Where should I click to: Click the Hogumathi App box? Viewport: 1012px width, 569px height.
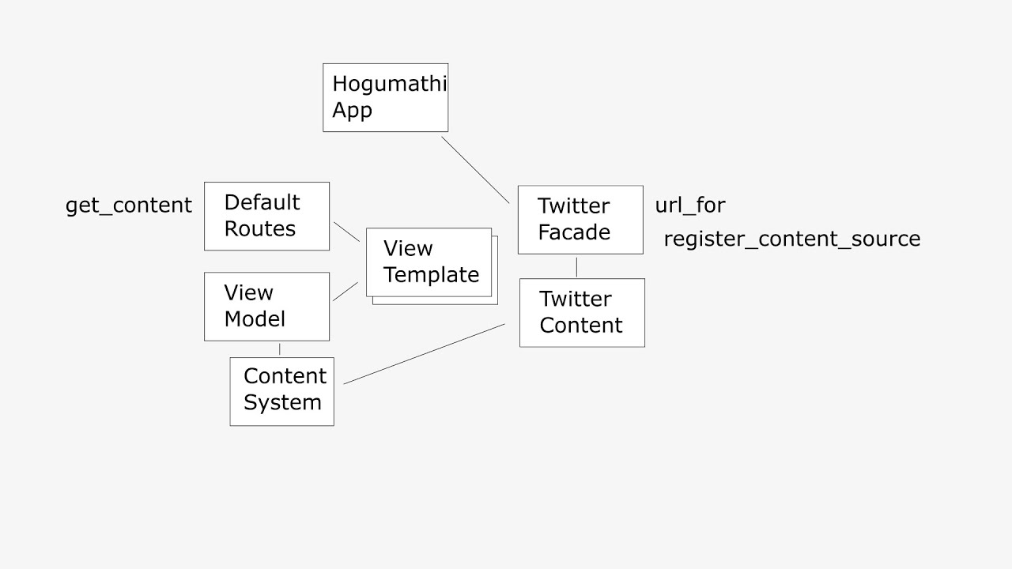385,97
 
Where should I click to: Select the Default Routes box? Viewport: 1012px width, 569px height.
266,216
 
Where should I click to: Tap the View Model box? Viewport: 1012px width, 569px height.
266,307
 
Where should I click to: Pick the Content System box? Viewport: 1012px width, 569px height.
281,391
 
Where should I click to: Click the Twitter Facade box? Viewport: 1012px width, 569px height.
580,220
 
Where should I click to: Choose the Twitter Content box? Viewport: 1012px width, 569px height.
582,312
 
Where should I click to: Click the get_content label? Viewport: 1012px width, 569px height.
128,205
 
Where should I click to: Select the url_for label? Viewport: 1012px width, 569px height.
689,205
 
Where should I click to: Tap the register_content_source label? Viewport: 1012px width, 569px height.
791,239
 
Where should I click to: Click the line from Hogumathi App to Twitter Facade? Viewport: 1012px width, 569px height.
475,170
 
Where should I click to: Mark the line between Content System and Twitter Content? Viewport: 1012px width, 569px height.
425,353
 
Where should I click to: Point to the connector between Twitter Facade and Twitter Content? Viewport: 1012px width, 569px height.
576,266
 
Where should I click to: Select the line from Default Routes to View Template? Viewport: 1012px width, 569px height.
346,231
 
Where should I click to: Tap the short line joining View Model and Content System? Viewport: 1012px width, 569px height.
279,349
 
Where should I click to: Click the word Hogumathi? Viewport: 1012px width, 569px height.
389,84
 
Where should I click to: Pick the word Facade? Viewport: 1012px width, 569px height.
574,232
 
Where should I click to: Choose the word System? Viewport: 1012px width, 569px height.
282,402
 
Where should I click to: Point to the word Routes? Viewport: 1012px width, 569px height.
259,229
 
